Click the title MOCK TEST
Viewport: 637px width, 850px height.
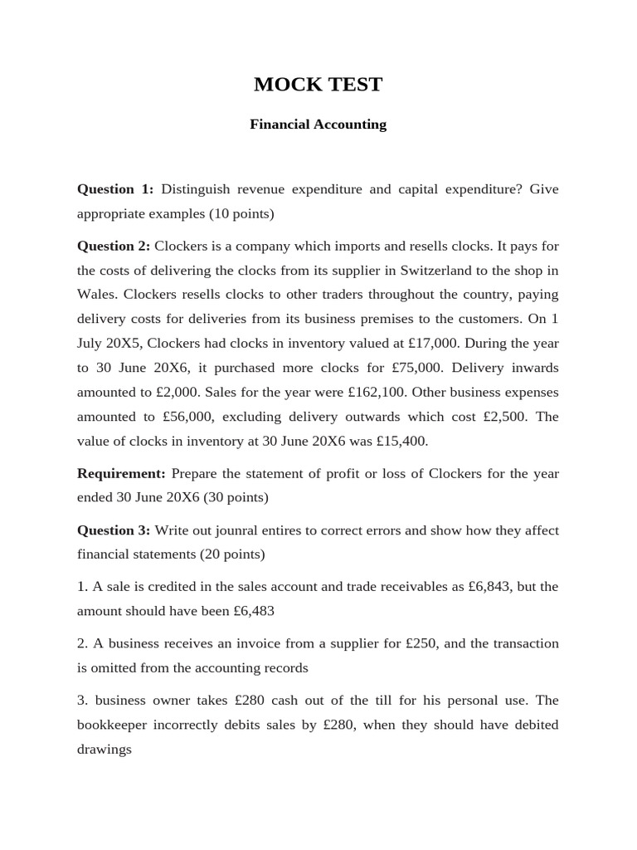pyautogui.click(x=318, y=85)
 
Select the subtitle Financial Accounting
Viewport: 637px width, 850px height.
pyautogui.click(x=318, y=125)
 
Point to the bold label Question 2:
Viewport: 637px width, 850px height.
pyautogui.click(x=114, y=246)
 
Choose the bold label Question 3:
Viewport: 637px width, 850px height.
pyautogui.click(x=114, y=530)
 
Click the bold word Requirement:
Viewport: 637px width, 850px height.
pyautogui.click(x=122, y=473)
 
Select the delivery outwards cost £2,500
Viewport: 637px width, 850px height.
pyautogui.click(x=498, y=416)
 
